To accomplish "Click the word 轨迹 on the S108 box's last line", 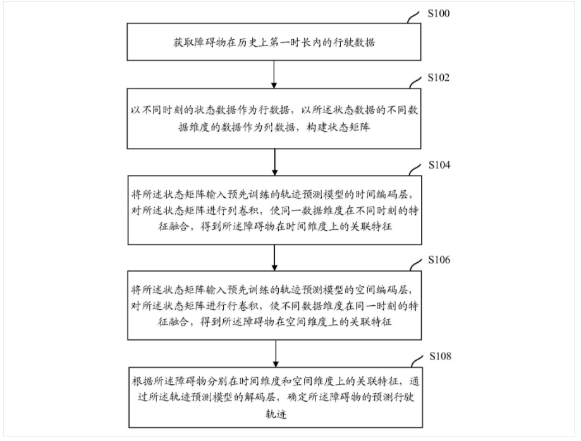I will (x=276, y=414).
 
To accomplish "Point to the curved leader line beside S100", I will (x=413, y=17).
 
